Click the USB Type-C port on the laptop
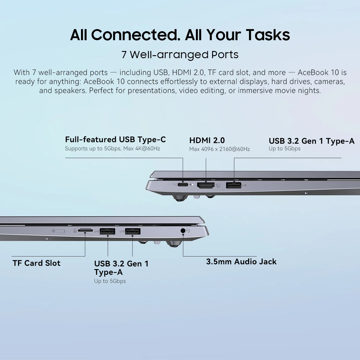click(183, 185)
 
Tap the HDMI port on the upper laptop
click(206, 185)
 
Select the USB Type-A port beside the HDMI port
click(233, 185)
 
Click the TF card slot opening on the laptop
click(85, 230)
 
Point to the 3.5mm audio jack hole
click(183, 231)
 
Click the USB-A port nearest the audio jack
click(133, 231)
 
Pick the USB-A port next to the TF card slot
click(107, 231)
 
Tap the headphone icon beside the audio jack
click(188, 231)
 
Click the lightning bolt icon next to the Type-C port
click(190, 185)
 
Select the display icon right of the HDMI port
click(218, 185)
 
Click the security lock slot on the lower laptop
click(60, 231)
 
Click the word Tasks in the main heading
click(268, 35)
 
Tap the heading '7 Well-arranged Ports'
click(180, 55)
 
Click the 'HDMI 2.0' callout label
click(207, 140)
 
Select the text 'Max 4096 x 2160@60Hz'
click(220, 149)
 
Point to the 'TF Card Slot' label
click(37, 263)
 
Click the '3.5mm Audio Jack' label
click(241, 262)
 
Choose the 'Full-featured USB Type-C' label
click(115, 139)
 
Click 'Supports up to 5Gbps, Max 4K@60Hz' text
click(112, 148)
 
